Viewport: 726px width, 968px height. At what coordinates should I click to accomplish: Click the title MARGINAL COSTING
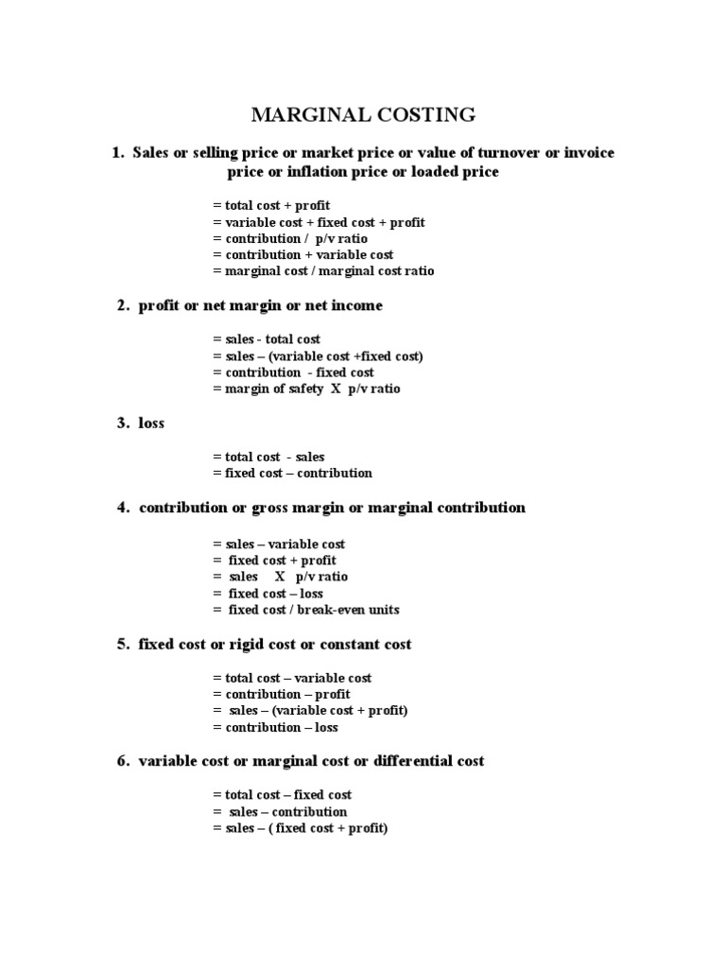tap(363, 115)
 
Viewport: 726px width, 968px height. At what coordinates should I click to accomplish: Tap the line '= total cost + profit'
tap(271, 205)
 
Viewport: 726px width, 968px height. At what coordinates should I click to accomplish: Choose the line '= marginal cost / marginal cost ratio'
tap(323, 271)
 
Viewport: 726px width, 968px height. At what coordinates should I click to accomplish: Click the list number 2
tap(122, 305)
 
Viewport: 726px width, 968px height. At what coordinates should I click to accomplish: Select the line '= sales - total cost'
tap(267, 338)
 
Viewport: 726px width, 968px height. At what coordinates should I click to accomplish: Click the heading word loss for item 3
tap(151, 423)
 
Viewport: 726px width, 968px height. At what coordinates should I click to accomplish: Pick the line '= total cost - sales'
tap(268, 457)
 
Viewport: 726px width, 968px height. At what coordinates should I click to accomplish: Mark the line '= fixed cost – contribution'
tap(293, 473)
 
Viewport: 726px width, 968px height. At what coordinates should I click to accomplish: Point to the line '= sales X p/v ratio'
tap(281, 577)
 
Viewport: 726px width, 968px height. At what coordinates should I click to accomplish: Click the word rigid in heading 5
tap(284, 644)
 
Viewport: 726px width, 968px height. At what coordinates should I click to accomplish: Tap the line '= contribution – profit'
tap(282, 694)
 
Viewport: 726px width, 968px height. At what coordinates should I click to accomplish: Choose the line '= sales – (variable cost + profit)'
tap(310, 710)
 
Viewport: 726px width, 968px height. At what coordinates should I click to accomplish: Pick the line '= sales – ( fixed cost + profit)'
tap(301, 828)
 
